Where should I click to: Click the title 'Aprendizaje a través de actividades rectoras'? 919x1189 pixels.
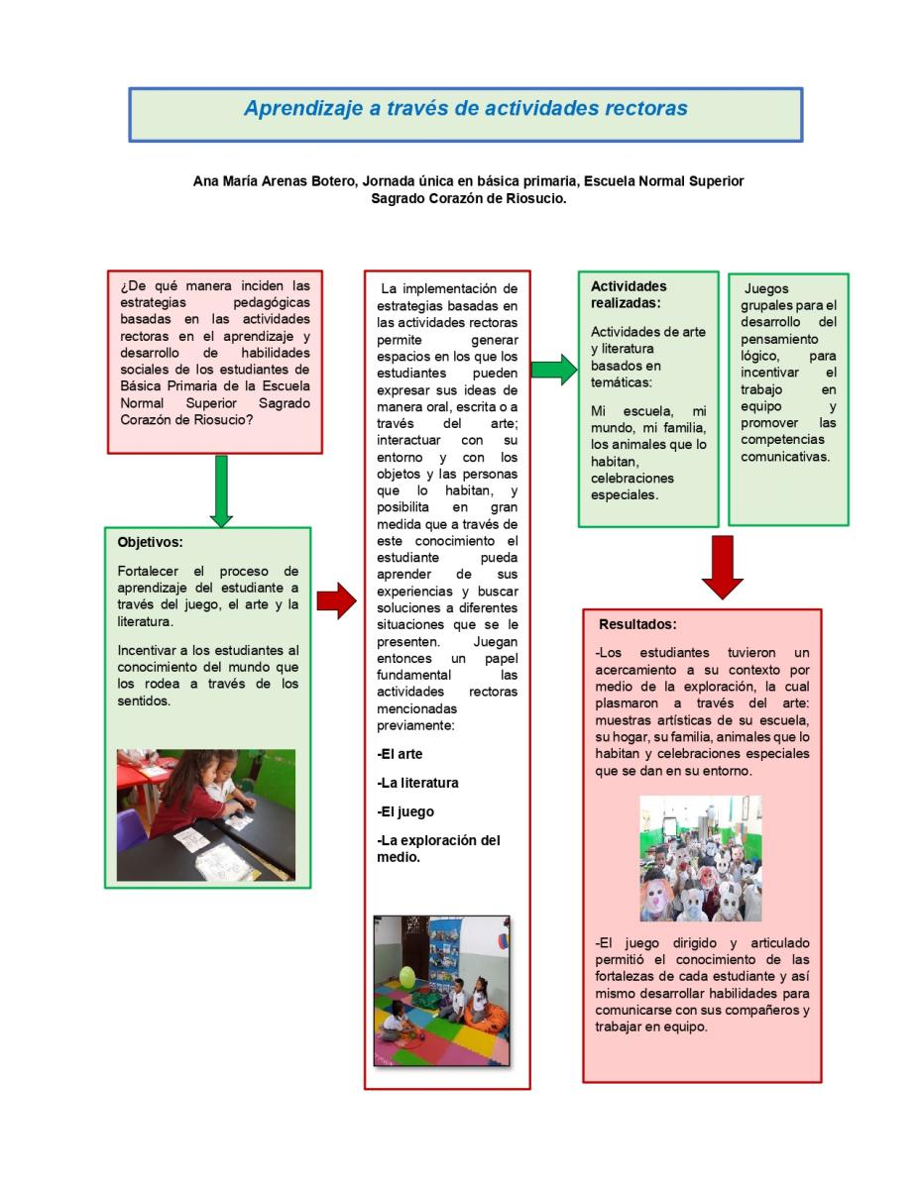pyautogui.click(x=465, y=108)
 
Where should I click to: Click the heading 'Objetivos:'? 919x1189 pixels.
pyautogui.click(x=150, y=542)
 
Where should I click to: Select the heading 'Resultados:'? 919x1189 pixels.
pyautogui.click(x=637, y=625)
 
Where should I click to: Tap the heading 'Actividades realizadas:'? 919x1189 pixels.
pyautogui.click(x=629, y=294)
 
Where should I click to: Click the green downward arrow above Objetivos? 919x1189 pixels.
pyautogui.click(x=221, y=490)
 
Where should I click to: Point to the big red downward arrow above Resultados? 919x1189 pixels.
pyautogui.click(x=722, y=567)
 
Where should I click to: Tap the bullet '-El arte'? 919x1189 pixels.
pyautogui.click(x=400, y=754)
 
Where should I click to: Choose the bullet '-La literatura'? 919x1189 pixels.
pyautogui.click(x=417, y=783)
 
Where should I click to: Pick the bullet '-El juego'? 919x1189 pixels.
pyautogui.click(x=405, y=811)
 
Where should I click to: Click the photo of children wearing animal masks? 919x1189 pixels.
pyautogui.click(x=700, y=858)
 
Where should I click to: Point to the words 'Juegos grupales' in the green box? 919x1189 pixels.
pyautogui.click(x=783, y=297)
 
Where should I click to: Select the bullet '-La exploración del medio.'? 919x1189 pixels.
pyautogui.click(x=437, y=848)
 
